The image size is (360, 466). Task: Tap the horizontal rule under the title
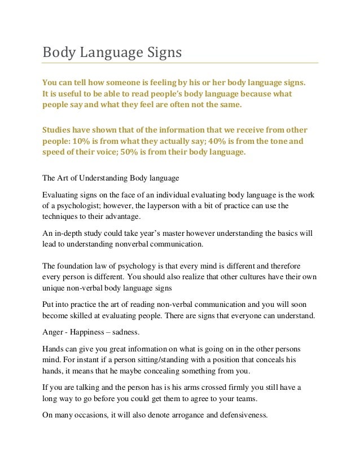click(x=181, y=63)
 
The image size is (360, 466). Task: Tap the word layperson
click(x=161, y=206)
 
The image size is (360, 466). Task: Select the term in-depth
click(x=70, y=234)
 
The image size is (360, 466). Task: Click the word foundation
click(x=80, y=266)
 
